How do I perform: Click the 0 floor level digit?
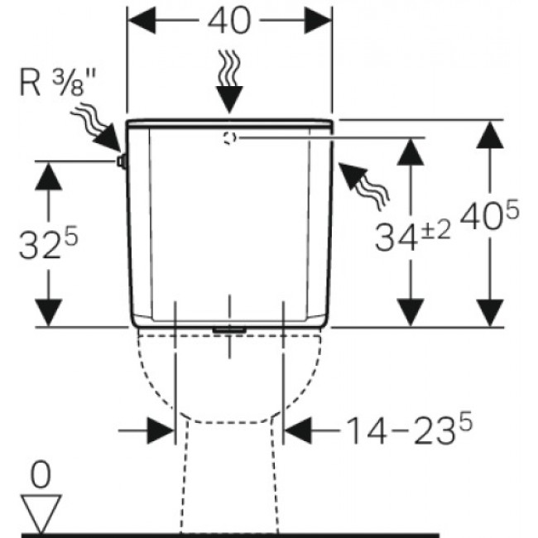point(40,476)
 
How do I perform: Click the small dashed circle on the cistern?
point(228,137)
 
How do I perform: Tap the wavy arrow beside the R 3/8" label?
point(96,128)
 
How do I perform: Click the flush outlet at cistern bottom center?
point(229,330)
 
